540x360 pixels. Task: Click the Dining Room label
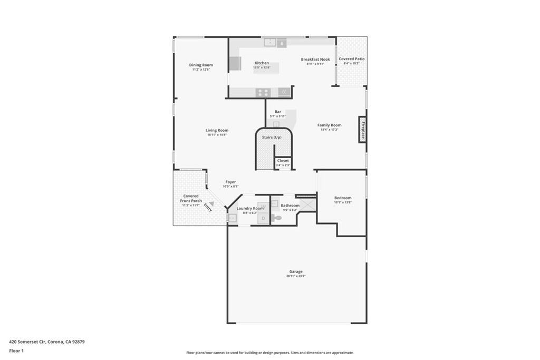[x=201, y=65]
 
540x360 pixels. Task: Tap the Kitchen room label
[x=262, y=63]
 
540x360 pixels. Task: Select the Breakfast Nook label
[x=315, y=60]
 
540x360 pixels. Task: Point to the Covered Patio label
[x=352, y=59]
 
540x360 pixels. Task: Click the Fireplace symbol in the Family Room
[x=363, y=129]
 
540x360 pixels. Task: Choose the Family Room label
[x=329, y=125]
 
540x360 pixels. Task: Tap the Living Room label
[x=217, y=131]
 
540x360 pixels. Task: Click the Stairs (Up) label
[x=272, y=138]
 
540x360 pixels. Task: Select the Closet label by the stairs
[x=283, y=161]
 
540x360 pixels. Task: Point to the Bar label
[x=277, y=112]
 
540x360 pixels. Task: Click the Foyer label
[x=230, y=182]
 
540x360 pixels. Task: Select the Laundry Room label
[x=250, y=208]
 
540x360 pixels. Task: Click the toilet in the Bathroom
[x=276, y=217]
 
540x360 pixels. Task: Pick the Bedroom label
[x=343, y=198]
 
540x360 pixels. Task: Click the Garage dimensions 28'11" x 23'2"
[x=296, y=276]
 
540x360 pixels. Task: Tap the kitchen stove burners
[x=263, y=92]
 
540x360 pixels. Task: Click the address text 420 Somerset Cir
[x=28, y=342]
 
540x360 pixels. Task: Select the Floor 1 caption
[x=16, y=350]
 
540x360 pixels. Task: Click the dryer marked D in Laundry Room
[x=263, y=218]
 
